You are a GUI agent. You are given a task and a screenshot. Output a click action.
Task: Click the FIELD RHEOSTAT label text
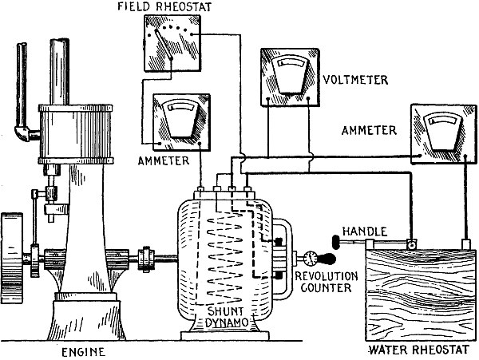click(168, 7)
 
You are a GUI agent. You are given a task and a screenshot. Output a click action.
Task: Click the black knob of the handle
click(331, 239)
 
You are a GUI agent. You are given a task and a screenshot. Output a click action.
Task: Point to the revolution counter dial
click(310, 257)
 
